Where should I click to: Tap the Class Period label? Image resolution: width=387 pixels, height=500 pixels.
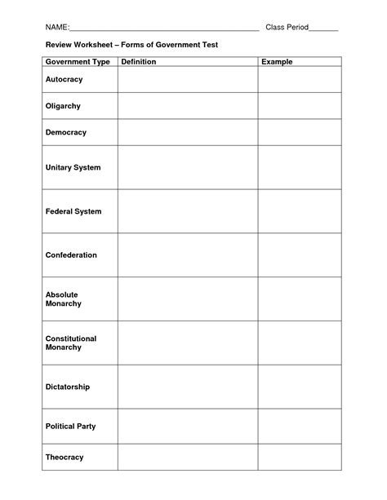pos(286,28)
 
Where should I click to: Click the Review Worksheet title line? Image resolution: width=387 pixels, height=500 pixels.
pos(131,45)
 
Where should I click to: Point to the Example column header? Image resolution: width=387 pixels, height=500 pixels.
pos(277,62)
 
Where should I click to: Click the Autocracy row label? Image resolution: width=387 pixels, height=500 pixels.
pos(64,80)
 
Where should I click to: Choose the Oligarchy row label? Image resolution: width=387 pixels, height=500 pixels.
pos(63,106)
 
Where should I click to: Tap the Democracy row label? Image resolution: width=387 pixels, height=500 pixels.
pos(65,132)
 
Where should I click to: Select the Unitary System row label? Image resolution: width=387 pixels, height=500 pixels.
pos(73,167)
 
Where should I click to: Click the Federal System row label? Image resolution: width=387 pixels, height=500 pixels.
pos(73,211)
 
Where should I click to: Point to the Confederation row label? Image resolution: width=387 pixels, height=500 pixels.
pos(71,255)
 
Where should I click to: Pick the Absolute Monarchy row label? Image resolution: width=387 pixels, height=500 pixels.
pos(64,299)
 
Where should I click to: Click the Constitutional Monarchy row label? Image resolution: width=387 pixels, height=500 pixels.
pos(71,343)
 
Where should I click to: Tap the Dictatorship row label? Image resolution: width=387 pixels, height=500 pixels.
pos(68,387)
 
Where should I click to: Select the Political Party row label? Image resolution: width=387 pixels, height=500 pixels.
pos(70,426)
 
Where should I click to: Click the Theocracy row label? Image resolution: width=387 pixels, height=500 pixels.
pos(64,457)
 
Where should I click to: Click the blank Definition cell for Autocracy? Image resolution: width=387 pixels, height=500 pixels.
pos(188,80)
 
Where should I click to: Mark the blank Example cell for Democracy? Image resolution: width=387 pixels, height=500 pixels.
pos(300,132)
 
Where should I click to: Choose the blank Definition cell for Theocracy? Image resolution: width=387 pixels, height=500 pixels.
pos(188,457)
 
